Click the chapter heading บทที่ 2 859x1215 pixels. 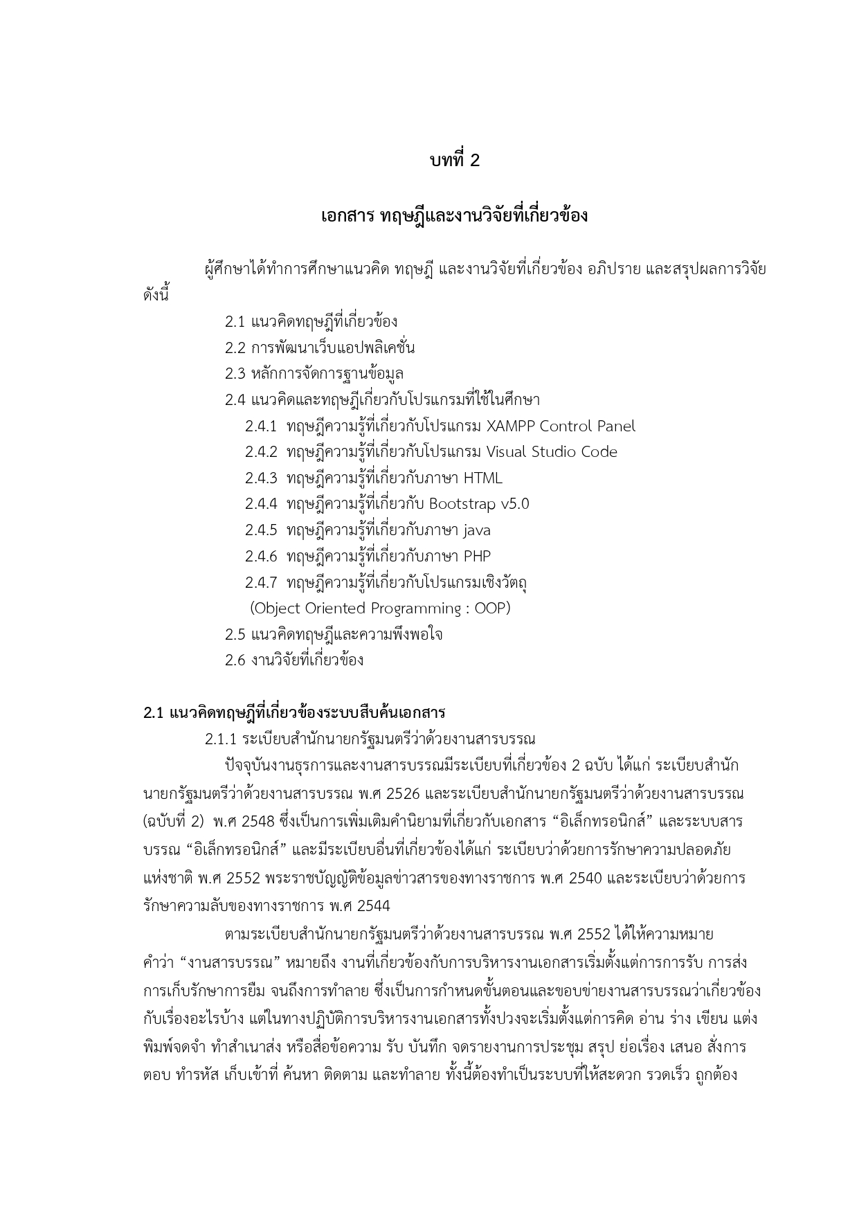[454, 161]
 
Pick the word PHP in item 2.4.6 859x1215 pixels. [477, 556]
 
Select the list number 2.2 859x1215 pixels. [235, 348]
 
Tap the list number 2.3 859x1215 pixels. [235, 374]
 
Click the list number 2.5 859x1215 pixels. [235, 634]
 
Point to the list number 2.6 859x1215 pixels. [235, 660]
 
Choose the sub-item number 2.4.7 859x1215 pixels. [261, 582]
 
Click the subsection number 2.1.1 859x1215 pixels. [221, 739]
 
